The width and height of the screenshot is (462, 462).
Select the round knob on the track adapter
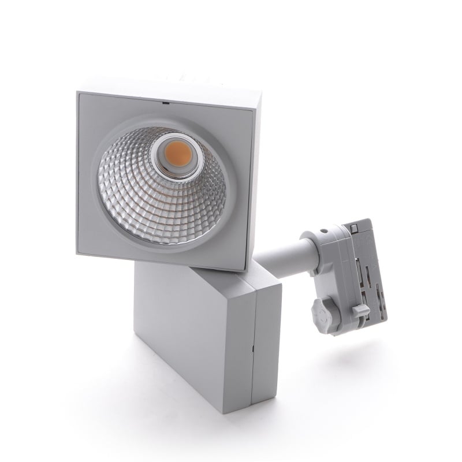pos(322,312)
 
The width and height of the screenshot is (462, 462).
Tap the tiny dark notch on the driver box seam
pos(252,348)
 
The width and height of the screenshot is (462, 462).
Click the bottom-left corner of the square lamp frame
pos(78,252)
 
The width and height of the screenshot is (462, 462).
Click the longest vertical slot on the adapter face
pos(363,271)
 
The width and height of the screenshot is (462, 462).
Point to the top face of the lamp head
pos(173,87)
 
